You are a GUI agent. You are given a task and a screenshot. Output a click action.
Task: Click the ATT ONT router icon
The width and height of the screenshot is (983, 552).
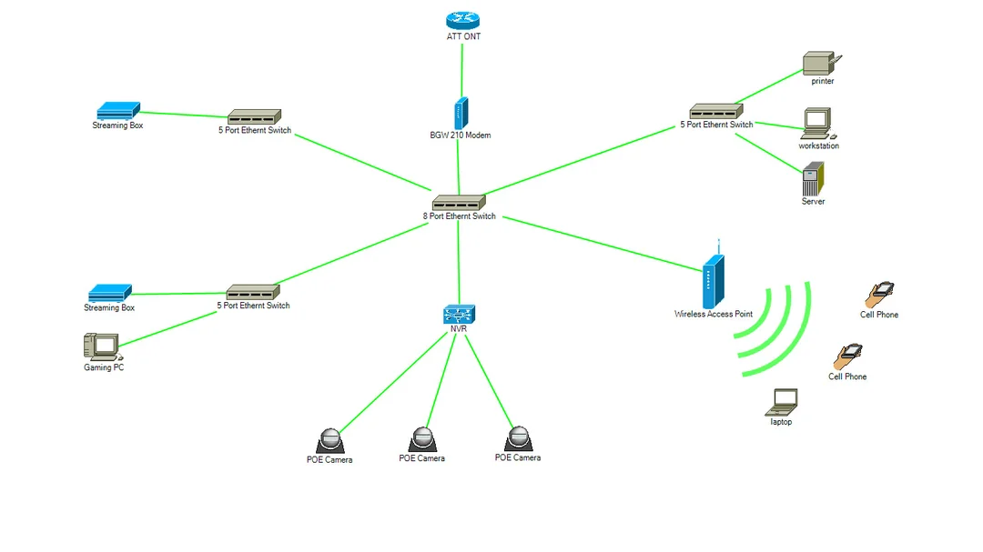point(463,21)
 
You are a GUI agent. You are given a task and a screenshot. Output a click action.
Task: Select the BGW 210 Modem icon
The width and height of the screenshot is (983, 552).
point(461,114)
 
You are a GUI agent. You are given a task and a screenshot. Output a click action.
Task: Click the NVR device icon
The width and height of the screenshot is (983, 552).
point(459,316)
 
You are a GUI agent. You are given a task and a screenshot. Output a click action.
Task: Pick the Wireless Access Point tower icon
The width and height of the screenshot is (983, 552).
point(714,280)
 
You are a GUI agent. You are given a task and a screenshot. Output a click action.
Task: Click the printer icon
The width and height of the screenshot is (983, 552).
point(820,64)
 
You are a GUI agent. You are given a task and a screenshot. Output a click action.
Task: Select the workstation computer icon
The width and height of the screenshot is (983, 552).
point(817,123)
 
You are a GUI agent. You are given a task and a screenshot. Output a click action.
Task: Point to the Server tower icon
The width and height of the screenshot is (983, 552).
point(813,178)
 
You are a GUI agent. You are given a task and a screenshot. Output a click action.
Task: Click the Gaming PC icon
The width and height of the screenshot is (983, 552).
point(102,347)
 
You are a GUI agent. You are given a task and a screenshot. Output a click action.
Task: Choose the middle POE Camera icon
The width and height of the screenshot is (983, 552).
point(421,440)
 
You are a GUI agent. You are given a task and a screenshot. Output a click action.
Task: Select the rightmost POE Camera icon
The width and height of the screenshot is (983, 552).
point(518,439)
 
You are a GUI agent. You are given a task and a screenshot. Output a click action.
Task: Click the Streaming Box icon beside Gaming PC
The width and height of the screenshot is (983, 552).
point(110,294)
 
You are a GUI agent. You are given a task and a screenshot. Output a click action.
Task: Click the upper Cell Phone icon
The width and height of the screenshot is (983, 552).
point(879,295)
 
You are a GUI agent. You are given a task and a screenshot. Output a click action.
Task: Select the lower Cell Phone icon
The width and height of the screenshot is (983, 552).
point(848,356)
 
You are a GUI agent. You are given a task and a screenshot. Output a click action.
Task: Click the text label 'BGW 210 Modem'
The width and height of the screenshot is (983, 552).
point(461,135)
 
